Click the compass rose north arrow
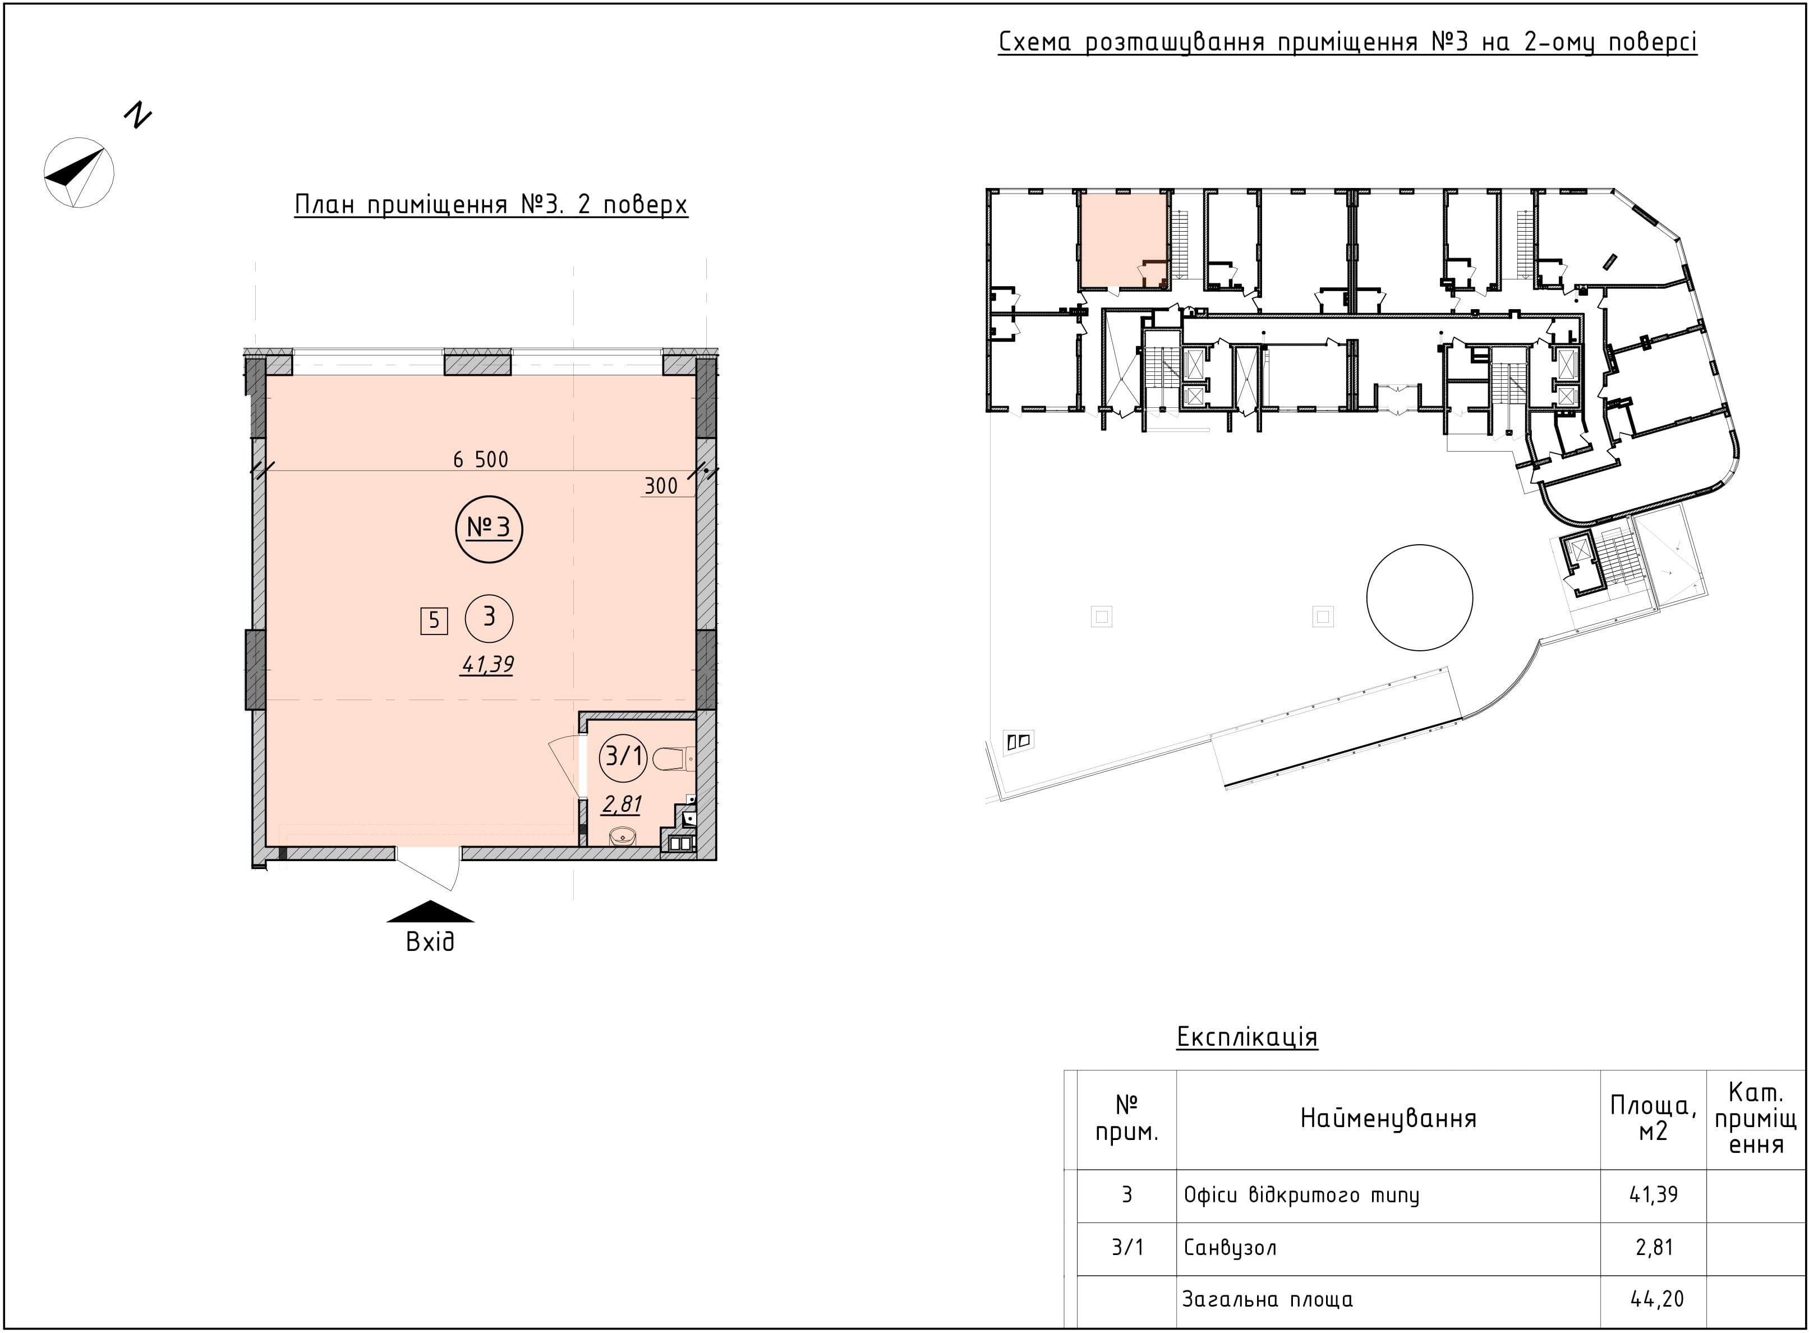79,173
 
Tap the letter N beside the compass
138,116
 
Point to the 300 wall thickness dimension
661,486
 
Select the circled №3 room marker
489,529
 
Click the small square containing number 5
434,620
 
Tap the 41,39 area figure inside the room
487,665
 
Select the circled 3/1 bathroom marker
624,757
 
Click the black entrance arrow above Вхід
430,911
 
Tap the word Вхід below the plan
430,941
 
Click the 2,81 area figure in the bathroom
622,804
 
